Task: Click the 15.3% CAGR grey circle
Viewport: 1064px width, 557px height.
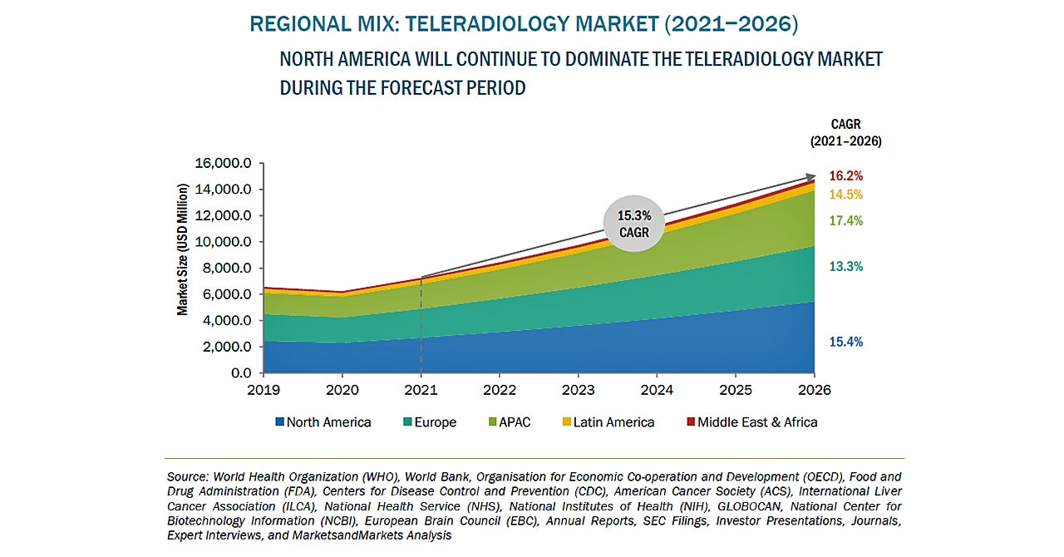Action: [634, 223]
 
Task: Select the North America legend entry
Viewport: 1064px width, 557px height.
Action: [323, 422]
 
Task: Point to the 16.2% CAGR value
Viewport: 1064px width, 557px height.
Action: [846, 176]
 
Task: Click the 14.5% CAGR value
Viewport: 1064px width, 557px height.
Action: [846, 195]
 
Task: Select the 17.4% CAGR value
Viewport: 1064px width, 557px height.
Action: [846, 221]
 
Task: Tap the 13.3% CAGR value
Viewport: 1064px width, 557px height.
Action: [846, 267]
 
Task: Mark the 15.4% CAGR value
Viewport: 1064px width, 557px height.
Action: [846, 342]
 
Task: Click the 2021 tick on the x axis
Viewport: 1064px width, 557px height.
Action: [421, 389]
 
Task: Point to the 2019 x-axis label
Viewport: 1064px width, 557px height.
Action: [264, 389]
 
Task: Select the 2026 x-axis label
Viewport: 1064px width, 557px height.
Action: [814, 389]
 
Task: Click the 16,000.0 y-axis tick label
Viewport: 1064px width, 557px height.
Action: [222, 164]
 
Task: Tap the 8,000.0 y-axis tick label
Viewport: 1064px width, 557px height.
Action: [225, 269]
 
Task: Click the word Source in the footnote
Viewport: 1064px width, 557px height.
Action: [187, 477]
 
